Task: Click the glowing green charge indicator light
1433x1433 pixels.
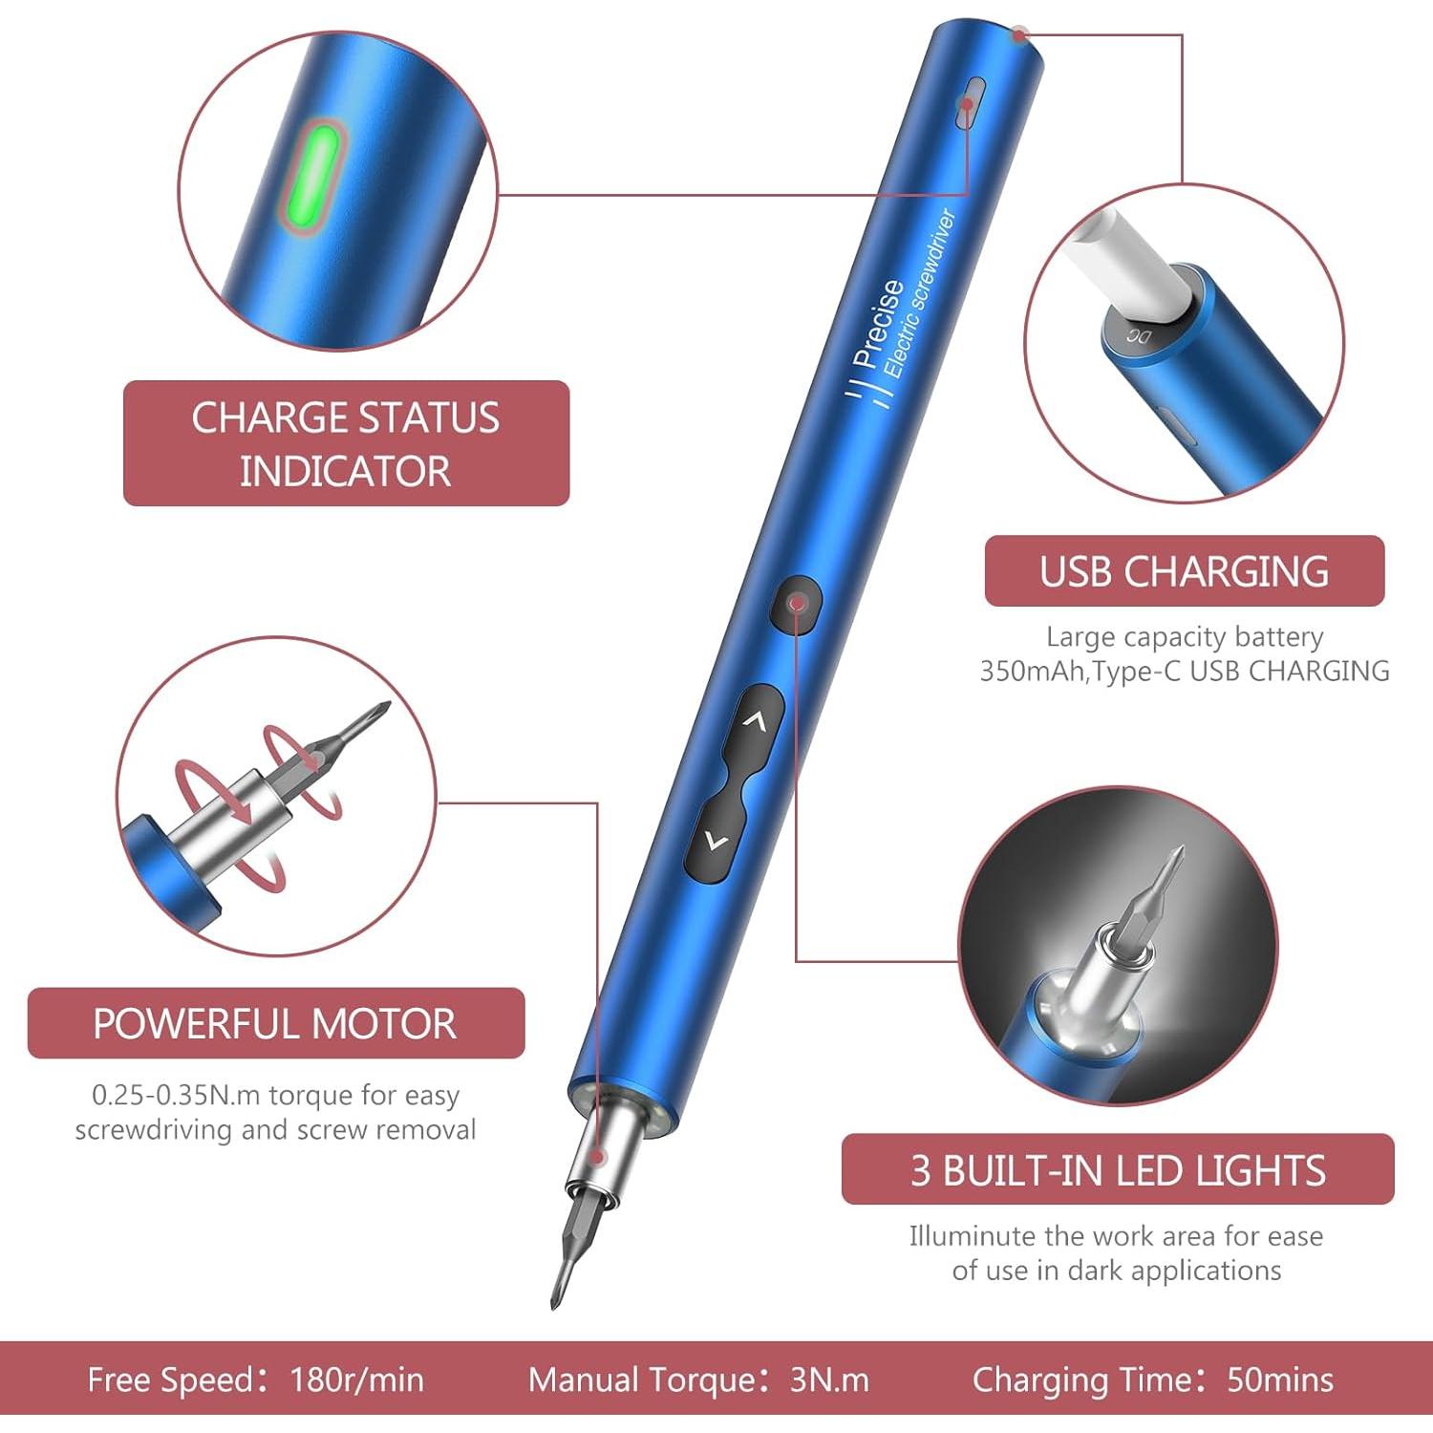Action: point(316,178)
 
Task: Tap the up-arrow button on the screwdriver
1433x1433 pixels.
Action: point(756,722)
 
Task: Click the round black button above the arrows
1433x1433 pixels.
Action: point(797,604)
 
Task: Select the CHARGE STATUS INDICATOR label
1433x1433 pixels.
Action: point(346,443)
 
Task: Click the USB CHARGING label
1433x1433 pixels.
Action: point(1184,571)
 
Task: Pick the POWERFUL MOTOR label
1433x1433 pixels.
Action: point(275,1023)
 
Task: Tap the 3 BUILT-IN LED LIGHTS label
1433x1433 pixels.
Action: point(1118,1170)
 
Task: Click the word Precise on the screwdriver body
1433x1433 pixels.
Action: point(878,323)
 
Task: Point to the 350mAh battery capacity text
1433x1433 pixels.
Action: point(1033,672)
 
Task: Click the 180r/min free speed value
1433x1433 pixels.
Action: point(356,1380)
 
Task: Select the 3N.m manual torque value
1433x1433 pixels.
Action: point(829,1380)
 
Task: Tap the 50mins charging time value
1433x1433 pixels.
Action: point(1280,1380)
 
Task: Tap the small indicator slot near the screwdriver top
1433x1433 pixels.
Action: point(968,102)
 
